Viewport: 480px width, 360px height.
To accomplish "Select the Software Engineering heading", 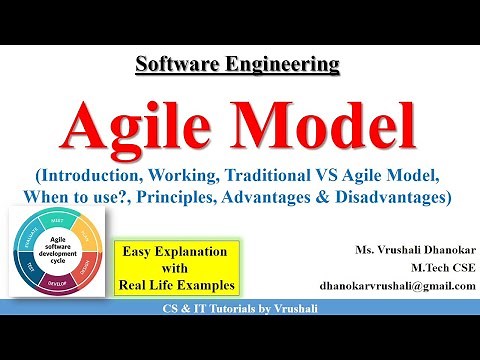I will tap(238, 66).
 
